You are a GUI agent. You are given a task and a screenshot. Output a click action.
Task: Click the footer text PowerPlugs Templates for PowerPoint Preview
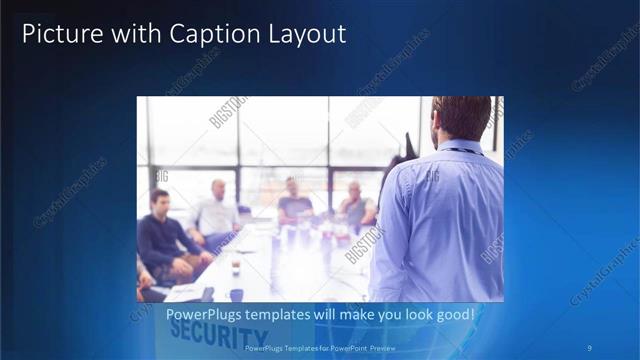[x=319, y=348]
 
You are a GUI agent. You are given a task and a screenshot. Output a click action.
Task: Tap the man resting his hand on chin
[x=354, y=205]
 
